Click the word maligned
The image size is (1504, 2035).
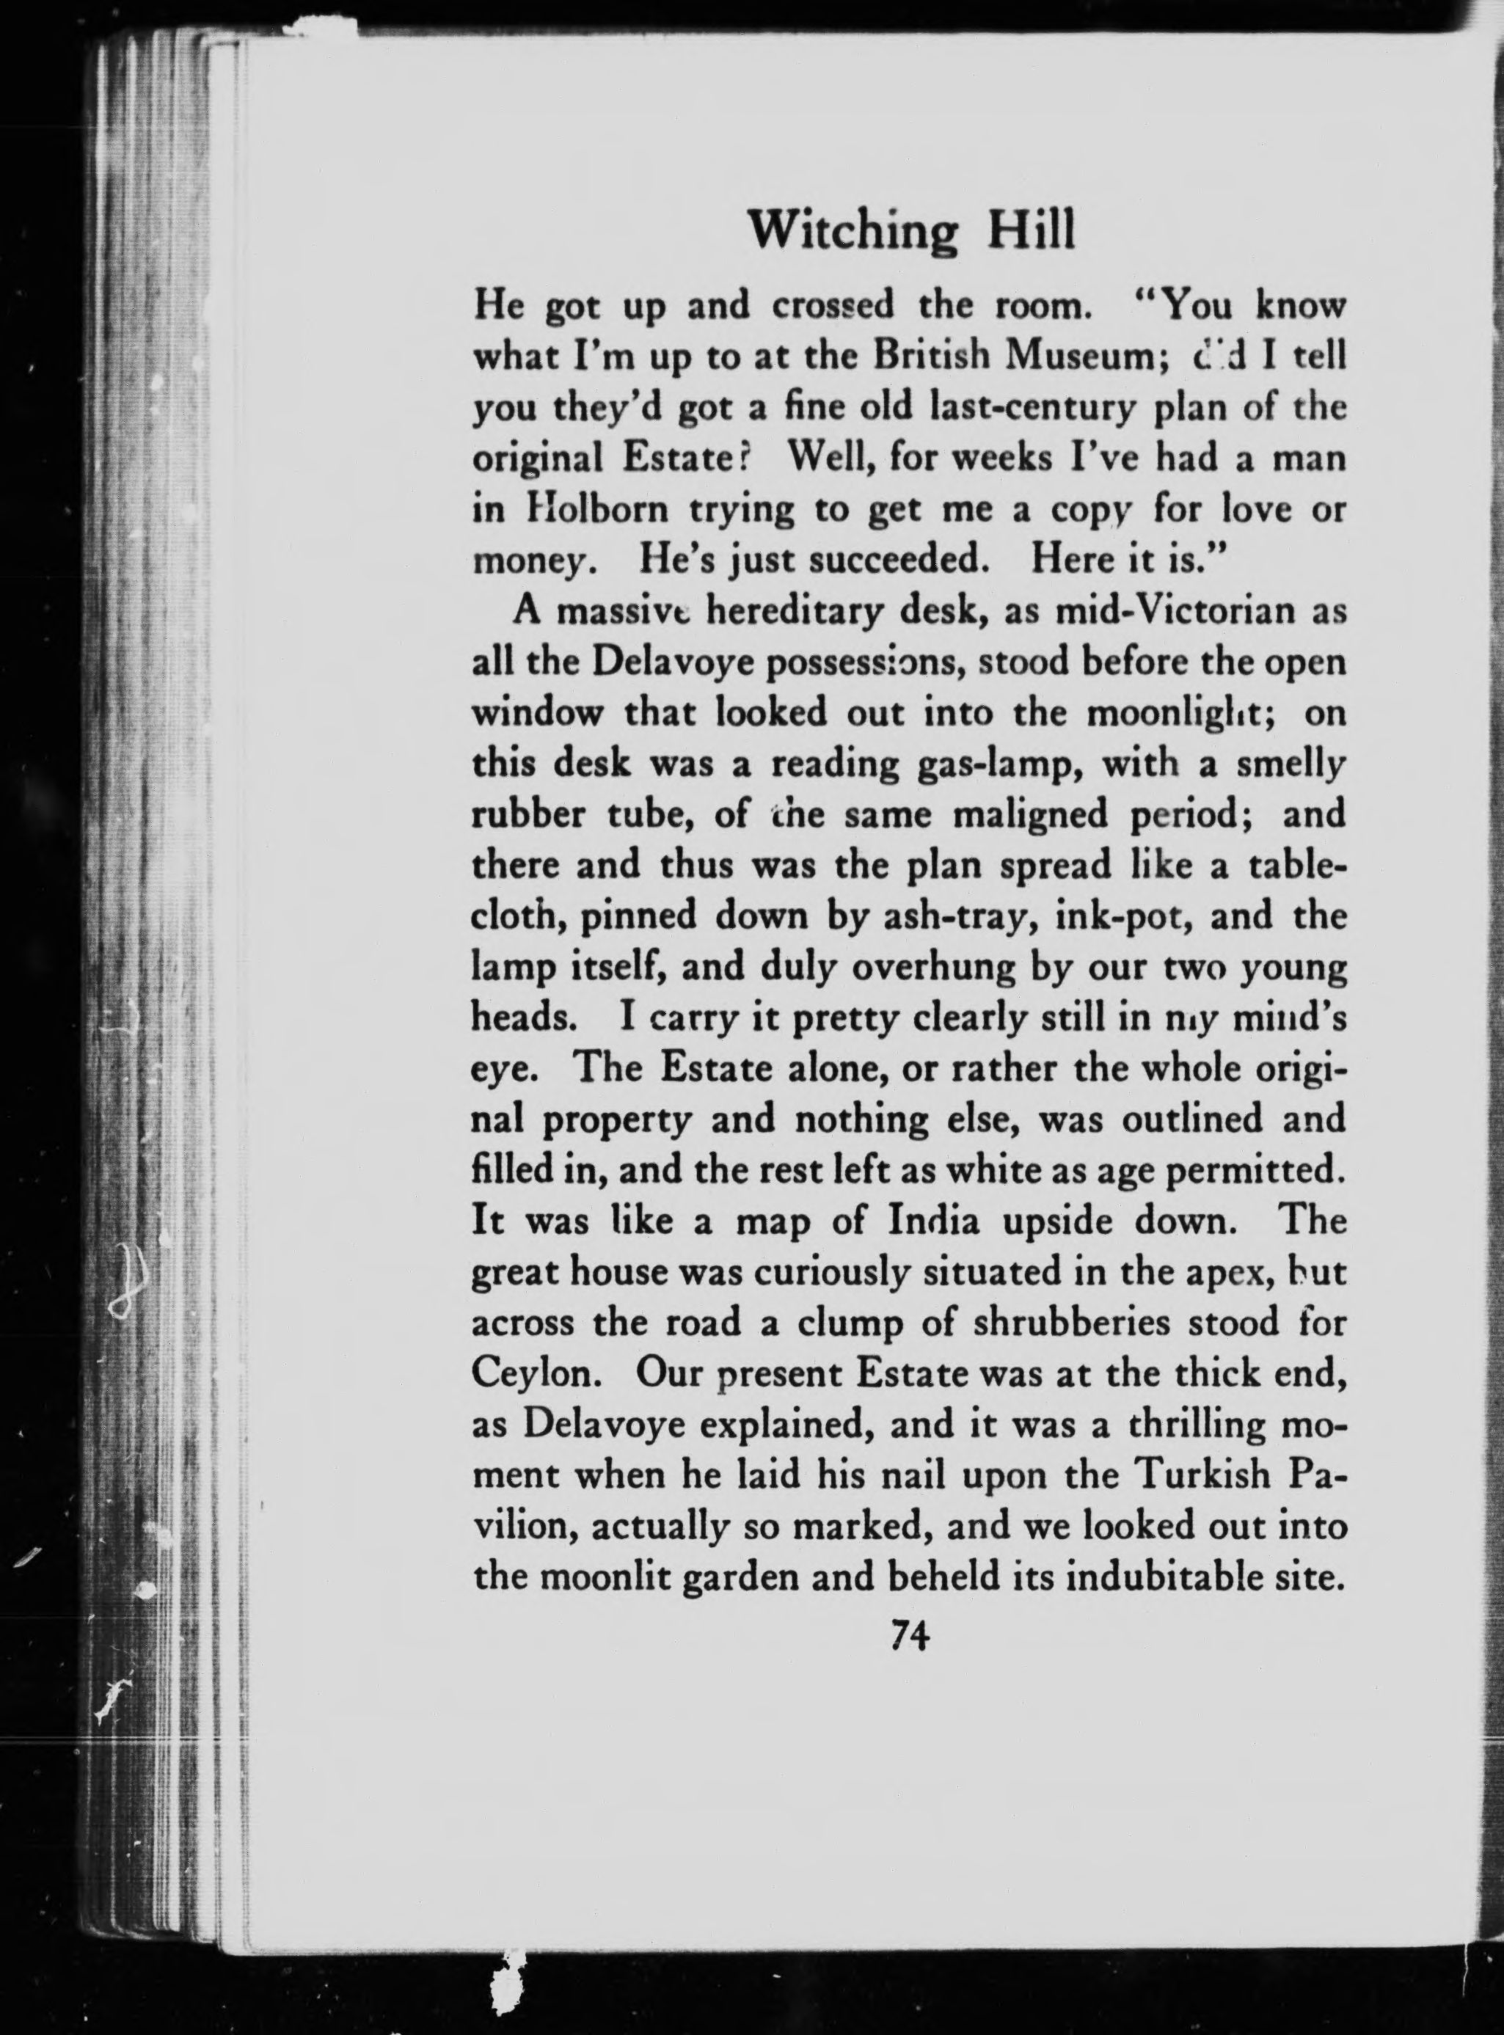[x=1029, y=816]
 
